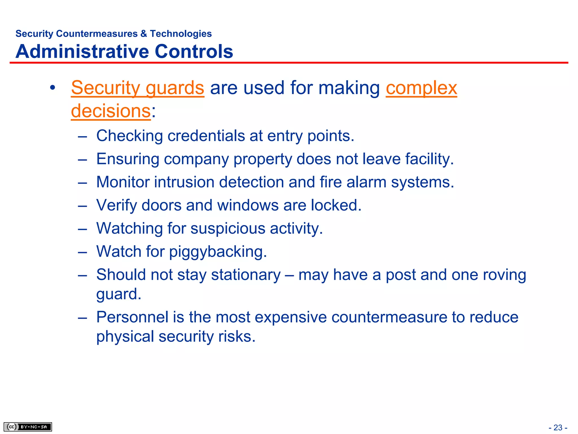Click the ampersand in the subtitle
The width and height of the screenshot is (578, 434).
coord(144,34)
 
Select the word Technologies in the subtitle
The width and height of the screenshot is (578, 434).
coord(181,34)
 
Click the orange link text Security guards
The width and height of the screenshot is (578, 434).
coord(137,88)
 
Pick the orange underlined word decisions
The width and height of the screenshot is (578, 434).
coord(111,111)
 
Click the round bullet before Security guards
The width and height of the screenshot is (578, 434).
coord(52,88)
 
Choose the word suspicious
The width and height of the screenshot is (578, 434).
coord(228,229)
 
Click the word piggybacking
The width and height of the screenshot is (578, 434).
coord(218,252)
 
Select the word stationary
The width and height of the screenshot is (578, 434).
coord(246,275)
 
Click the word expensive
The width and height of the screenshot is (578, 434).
coord(291,317)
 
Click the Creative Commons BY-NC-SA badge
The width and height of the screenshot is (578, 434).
coord(28,427)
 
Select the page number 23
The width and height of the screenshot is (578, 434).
coord(558,428)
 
